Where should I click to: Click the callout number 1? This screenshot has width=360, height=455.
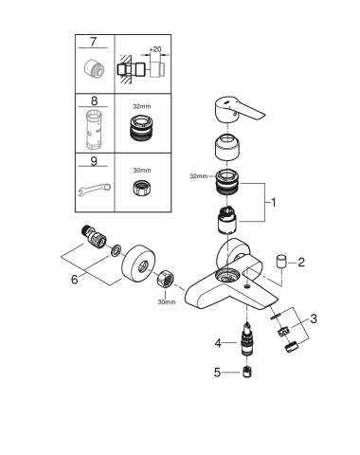[274, 201]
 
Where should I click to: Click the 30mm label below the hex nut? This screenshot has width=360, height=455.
[166, 304]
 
